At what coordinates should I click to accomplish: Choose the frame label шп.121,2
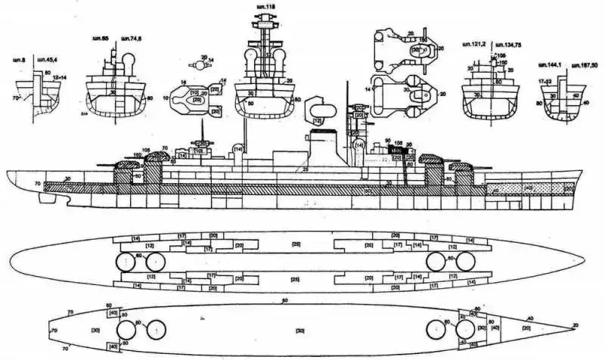(473, 45)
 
